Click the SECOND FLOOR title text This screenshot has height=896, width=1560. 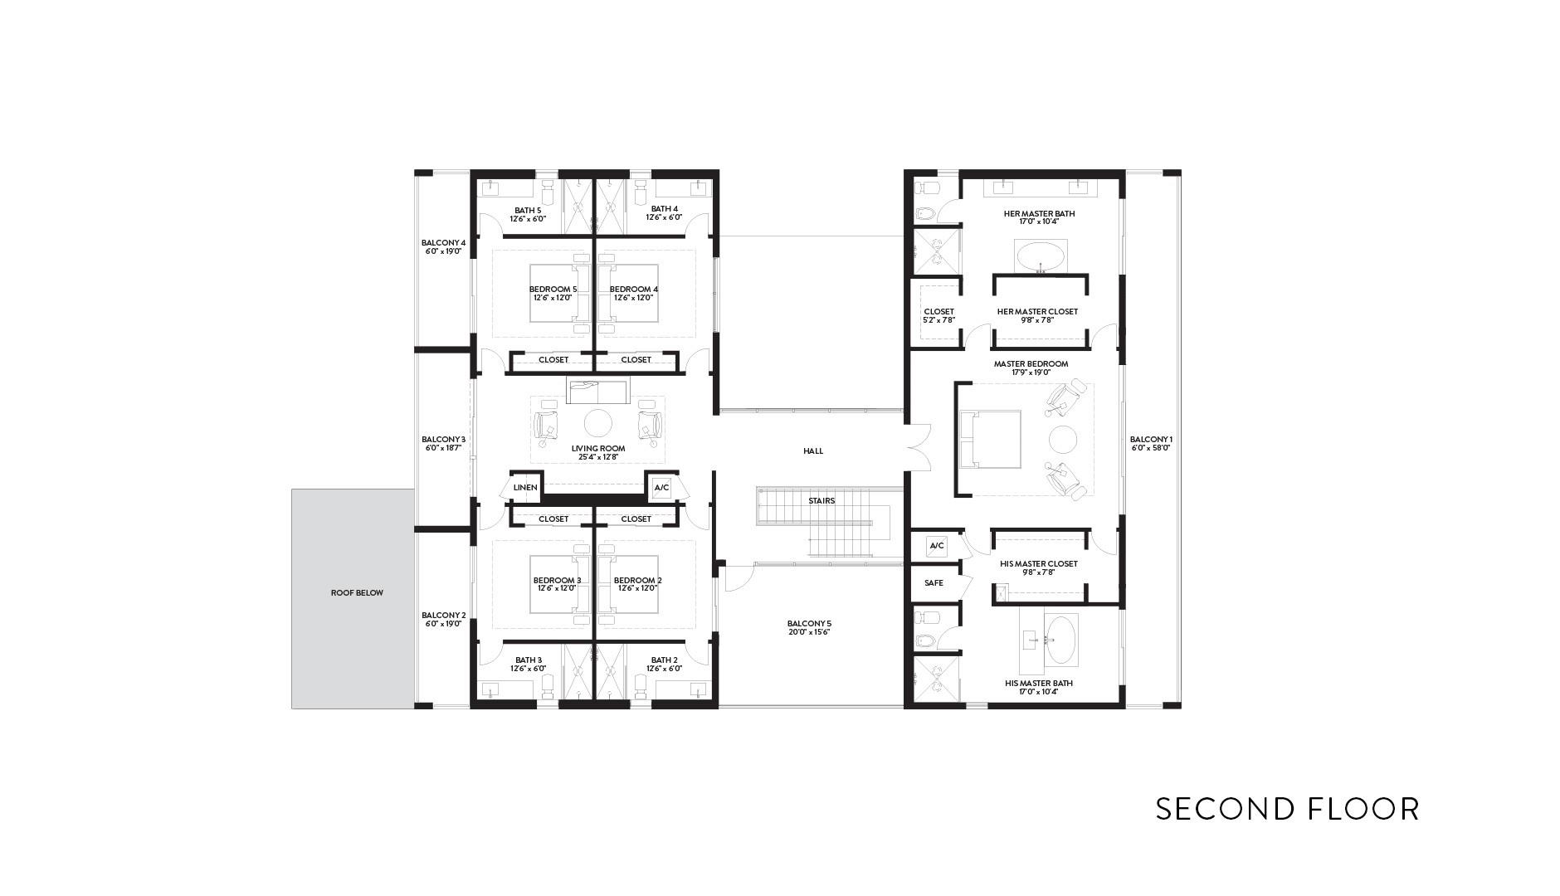click(1287, 808)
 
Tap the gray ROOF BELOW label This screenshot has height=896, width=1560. click(357, 593)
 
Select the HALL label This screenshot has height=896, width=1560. click(813, 451)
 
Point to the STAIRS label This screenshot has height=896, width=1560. click(821, 501)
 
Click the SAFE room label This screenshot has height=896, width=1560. click(934, 583)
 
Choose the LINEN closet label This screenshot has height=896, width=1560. click(525, 488)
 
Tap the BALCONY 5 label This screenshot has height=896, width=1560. click(809, 624)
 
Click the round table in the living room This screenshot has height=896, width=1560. click(598, 423)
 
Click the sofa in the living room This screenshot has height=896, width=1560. click(598, 391)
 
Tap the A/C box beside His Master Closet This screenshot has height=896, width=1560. click(937, 546)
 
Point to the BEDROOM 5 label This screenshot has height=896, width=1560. click(553, 290)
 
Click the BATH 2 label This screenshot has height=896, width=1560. click(665, 660)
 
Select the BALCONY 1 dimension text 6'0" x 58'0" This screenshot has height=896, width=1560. click(1151, 448)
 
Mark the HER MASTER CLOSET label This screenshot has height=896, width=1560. click(1037, 312)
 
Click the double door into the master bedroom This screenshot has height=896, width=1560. click(918, 448)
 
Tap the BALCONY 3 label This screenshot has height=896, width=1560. click(443, 440)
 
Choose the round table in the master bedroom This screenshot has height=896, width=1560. click(1062, 439)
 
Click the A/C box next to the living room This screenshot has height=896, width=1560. click(661, 488)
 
